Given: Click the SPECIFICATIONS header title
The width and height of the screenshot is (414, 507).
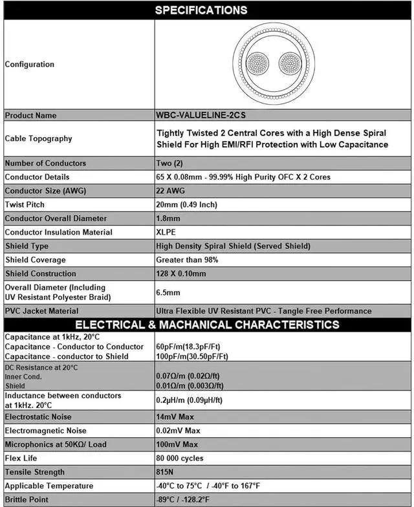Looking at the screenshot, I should coord(201,10).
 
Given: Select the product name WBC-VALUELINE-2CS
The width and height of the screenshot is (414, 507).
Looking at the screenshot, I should coord(201,115).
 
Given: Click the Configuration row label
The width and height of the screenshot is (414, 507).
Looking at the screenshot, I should coord(30,64).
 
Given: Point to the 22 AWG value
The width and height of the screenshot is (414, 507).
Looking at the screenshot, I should coord(171,191).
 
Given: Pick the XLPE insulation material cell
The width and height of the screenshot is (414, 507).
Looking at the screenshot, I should coord(167,232).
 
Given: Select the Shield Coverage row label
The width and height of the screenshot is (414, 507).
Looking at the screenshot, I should coord(35,260).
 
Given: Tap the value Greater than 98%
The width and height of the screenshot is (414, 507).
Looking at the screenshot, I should coord(187,260).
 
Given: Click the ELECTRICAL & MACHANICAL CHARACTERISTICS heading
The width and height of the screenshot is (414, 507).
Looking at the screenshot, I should coord(207,324).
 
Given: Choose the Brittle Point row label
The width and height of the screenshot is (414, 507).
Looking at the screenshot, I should coord(27,500).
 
